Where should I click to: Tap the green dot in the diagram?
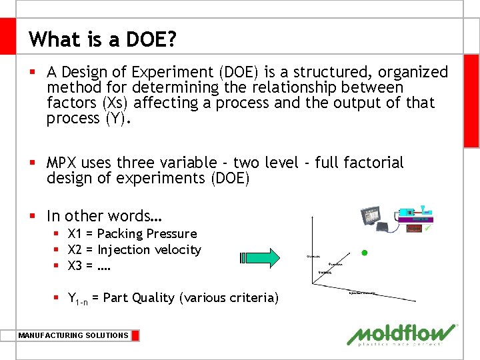click(364, 253)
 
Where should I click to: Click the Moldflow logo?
click(402, 335)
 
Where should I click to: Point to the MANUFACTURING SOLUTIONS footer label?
click(73, 335)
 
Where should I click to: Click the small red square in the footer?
click(135, 335)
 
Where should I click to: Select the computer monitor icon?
click(373, 217)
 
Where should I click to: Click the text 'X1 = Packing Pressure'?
click(132, 234)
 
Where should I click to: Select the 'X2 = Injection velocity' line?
click(134, 250)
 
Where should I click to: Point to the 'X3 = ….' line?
click(89, 266)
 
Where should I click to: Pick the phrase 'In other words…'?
click(105, 216)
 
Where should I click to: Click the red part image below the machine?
click(415, 228)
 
